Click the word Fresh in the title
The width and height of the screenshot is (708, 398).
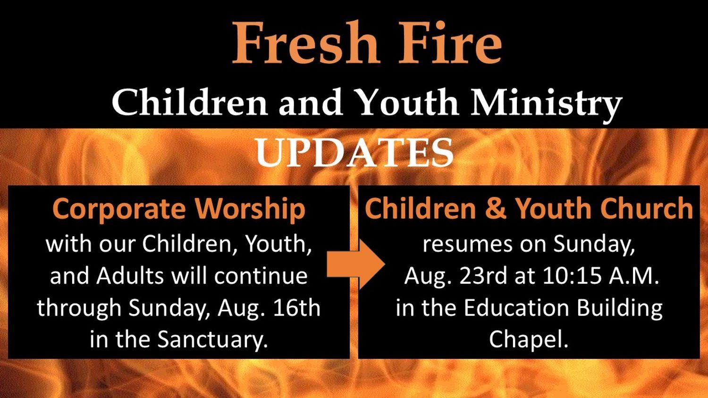tap(306, 42)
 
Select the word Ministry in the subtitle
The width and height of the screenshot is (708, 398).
tap(546, 103)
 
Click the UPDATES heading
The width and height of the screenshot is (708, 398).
tap(354, 153)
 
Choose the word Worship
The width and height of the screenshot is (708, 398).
tap(250, 209)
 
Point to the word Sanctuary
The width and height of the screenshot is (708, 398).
tap(212, 340)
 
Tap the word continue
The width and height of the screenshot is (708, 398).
tap(261, 276)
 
